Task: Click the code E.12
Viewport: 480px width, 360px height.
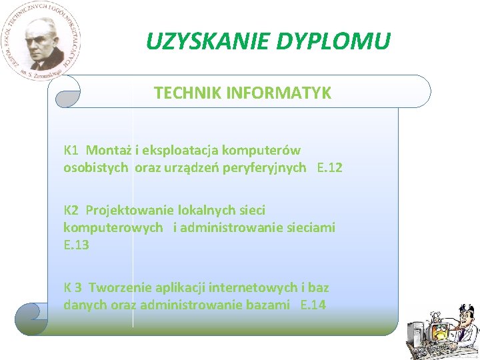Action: click(330, 167)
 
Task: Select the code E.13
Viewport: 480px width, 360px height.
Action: click(76, 245)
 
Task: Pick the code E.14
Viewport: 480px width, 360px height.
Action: click(313, 305)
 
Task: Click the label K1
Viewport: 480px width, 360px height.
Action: click(71, 150)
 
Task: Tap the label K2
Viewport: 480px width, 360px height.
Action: click(71, 210)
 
